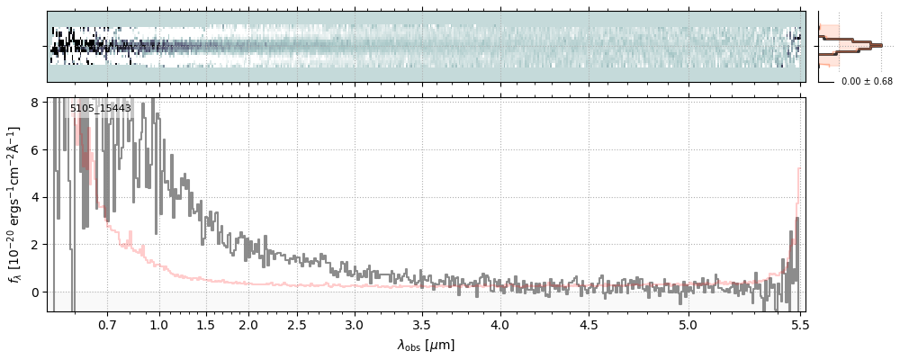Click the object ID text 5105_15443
pos(101,109)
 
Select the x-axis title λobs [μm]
pos(426,345)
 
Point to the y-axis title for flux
pos(15,204)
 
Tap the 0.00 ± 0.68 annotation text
pos(867,82)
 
